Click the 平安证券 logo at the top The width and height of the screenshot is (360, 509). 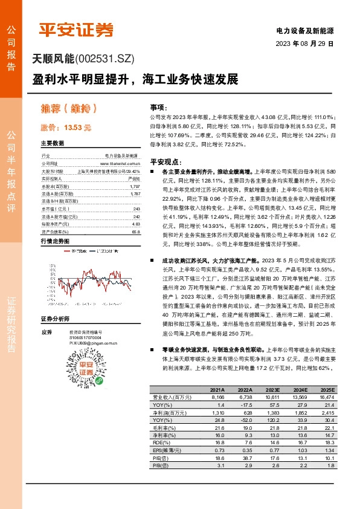click(76, 29)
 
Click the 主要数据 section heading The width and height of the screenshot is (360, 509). click(52, 144)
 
